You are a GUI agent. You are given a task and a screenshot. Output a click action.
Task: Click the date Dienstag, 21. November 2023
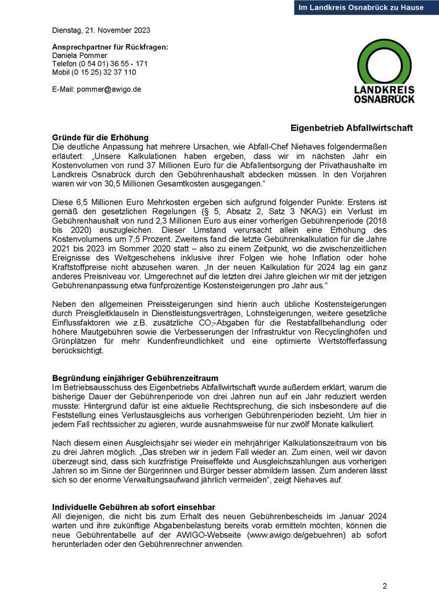[x=101, y=30]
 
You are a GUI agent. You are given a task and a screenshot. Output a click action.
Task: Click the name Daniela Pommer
[x=79, y=55]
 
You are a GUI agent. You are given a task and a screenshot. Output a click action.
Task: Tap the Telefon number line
[x=100, y=64]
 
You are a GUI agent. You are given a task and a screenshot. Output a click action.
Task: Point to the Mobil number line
[x=94, y=72]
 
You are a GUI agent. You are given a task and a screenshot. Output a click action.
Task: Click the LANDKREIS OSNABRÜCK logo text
[x=384, y=95]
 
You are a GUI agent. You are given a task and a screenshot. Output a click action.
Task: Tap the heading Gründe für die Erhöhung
[x=100, y=137]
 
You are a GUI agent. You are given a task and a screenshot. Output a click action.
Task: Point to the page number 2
[x=385, y=586]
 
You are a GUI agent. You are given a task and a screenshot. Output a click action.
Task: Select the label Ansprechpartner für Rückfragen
[x=110, y=47]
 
